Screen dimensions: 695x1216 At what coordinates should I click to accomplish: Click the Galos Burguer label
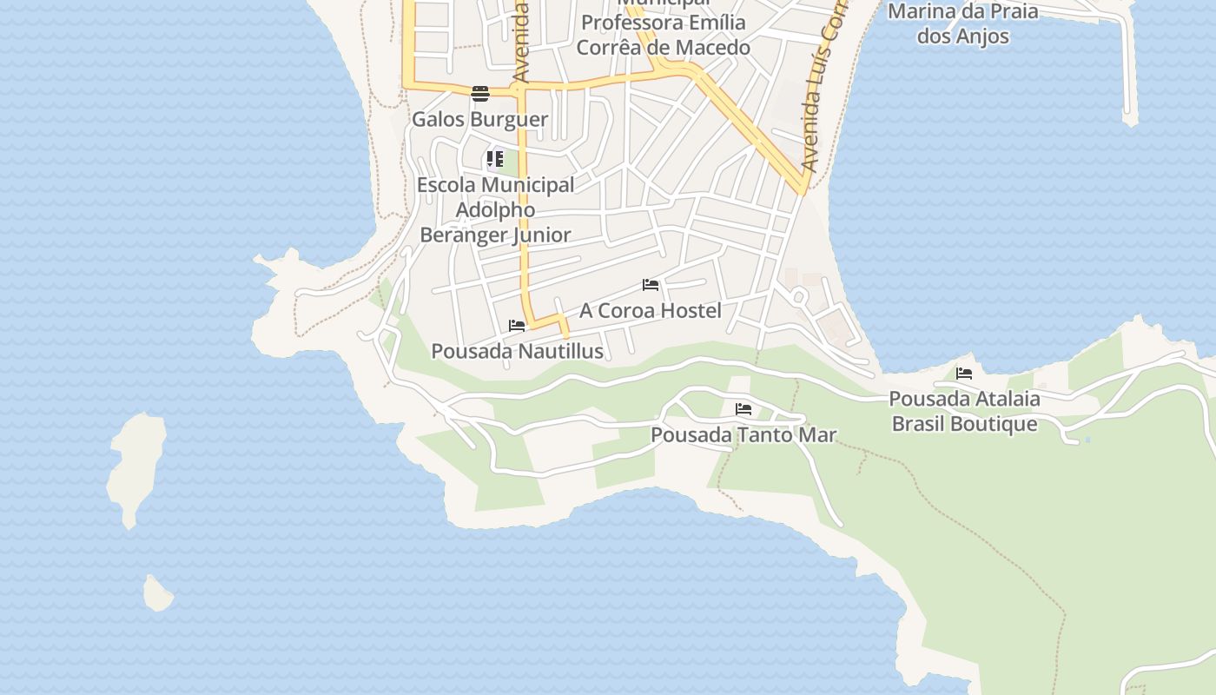click(479, 119)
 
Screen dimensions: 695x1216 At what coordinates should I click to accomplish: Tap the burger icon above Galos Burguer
click(480, 93)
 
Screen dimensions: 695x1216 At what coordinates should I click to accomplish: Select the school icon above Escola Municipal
click(494, 159)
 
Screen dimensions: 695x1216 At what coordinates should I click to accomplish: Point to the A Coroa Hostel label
click(651, 310)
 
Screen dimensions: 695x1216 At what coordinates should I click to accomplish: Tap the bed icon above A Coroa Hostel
click(650, 285)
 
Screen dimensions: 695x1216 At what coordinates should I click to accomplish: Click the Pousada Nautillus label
click(518, 351)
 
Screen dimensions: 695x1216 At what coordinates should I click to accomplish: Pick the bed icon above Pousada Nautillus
click(517, 326)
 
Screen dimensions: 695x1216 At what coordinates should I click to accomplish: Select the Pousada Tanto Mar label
click(743, 434)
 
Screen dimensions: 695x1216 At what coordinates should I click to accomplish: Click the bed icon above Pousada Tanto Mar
click(743, 409)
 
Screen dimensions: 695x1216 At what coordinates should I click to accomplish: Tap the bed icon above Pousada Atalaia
click(964, 374)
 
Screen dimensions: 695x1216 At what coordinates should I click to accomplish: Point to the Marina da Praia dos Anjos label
click(963, 24)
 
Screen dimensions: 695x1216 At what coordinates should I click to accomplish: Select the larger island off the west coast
click(137, 465)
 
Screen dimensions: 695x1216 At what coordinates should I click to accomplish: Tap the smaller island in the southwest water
click(157, 594)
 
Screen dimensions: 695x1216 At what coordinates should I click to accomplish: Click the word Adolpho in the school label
click(495, 209)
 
